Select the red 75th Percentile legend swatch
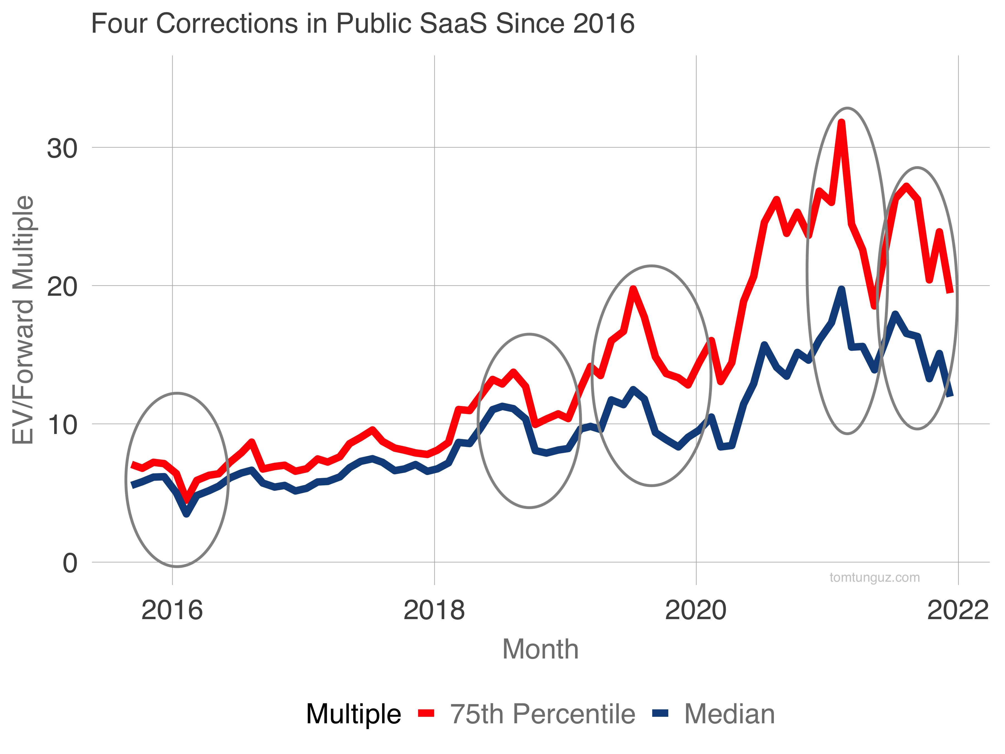click(x=426, y=714)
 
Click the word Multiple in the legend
click(x=353, y=714)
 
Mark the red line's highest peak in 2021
click(x=841, y=122)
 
